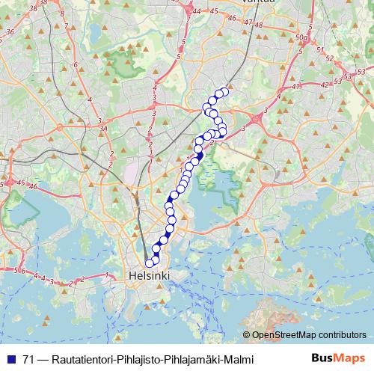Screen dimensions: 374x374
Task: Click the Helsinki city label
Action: click(x=150, y=276)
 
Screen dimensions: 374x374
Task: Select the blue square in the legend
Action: click(x=10, y=359)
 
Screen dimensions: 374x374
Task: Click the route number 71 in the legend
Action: click(x=28, y=359)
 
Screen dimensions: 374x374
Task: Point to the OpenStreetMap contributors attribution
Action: click(x=308, y=336)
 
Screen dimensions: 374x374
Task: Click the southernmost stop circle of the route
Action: click(x=150, y=263)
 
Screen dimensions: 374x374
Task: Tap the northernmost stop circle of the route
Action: click(x=224, y=91)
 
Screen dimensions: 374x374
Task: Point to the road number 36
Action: click(x=10, y=32)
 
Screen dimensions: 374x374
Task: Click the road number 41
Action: click(x=296, y=87)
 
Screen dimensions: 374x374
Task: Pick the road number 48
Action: click(x=260, y=25)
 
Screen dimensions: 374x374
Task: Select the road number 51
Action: click(x=319, y=49)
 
